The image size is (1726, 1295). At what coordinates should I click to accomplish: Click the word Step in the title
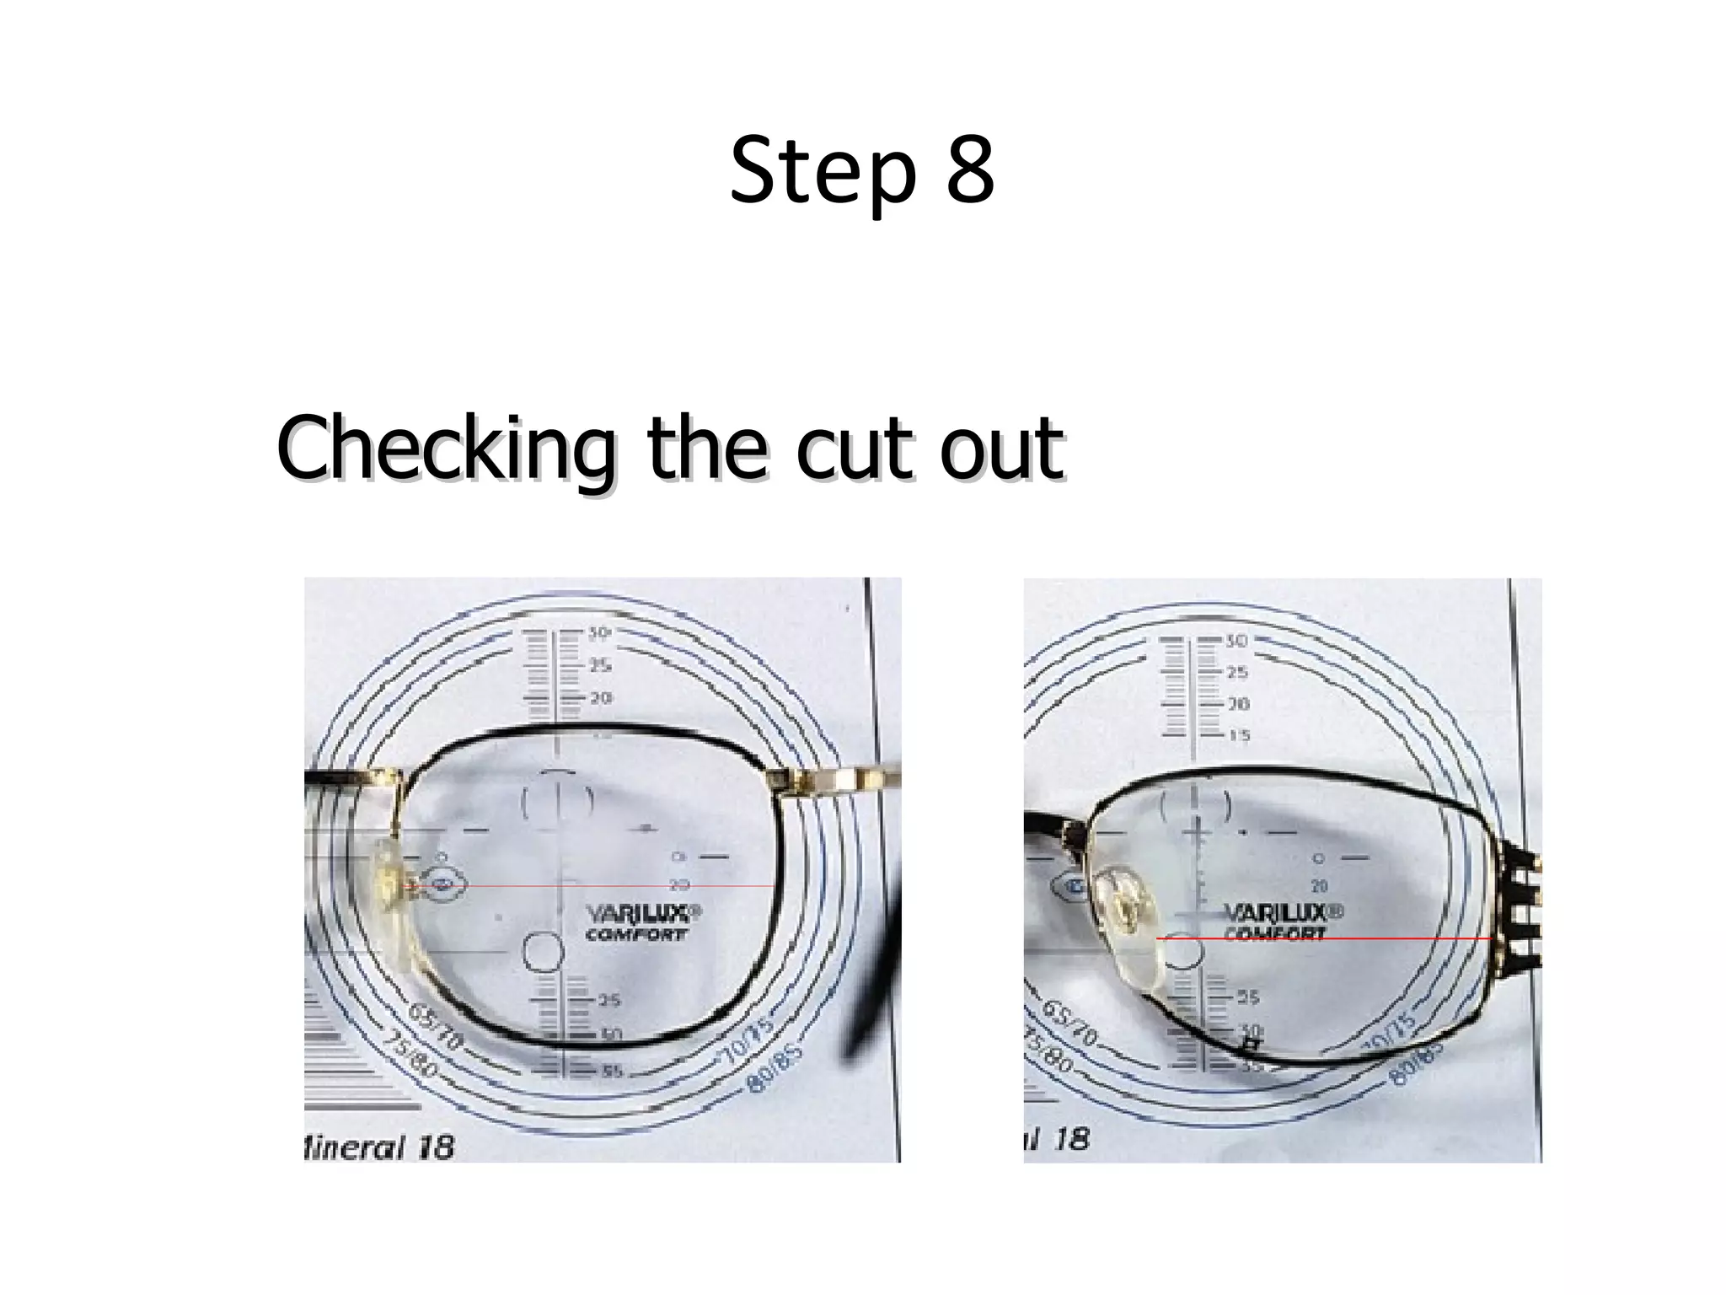822,173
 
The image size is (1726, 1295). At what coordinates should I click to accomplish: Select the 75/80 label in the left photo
410,1053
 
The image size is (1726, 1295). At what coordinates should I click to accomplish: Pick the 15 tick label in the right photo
1238,736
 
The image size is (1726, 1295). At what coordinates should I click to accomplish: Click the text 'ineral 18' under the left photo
379,1147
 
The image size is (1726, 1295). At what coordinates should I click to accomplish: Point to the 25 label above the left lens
600,666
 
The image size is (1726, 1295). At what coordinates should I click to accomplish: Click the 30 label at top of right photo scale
1236,641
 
